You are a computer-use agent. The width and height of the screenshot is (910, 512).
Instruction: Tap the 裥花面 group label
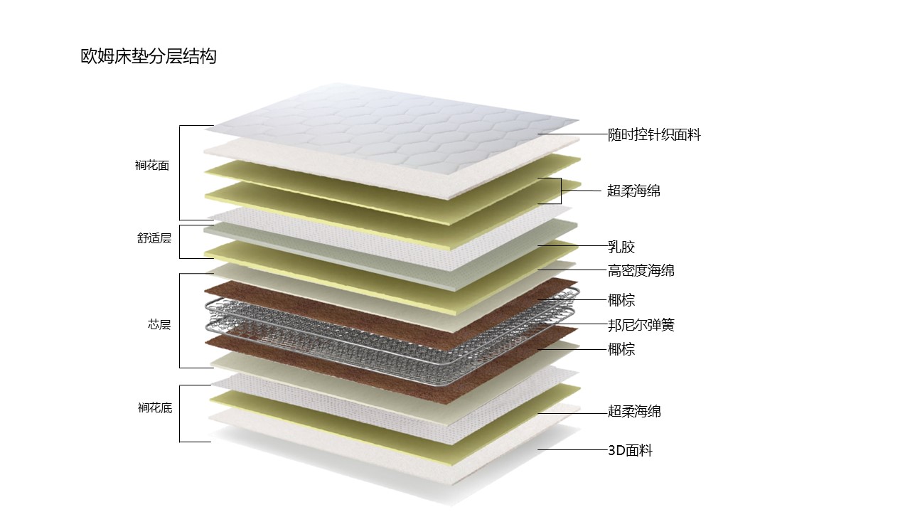pos(152,166)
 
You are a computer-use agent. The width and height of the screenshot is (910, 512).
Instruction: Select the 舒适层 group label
pos(154,238)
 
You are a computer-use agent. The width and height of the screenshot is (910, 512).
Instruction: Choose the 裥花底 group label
pos(155,408)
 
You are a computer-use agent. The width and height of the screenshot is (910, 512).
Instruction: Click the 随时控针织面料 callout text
pos(654,135)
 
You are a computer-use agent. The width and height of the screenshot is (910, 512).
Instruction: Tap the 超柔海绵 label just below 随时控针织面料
pos(633,191)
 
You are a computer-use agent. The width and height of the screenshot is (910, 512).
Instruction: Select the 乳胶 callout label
pos(621,247)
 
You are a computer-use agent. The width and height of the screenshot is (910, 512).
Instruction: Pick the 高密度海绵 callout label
pos(641,270)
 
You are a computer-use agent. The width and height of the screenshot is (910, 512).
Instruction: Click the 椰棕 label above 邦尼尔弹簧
pos(621,300)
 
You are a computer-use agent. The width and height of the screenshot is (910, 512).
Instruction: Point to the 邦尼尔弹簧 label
pos(641,326)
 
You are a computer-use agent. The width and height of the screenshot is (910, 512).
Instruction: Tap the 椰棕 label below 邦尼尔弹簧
pos(621,349)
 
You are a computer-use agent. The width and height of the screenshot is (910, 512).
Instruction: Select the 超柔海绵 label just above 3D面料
pos(634,412)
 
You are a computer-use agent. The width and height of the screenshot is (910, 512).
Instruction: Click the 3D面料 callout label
pos(630,450)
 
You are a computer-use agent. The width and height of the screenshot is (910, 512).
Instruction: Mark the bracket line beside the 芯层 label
pos(180,321)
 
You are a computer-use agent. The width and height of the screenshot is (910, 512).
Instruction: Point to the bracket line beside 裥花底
pos(180,413)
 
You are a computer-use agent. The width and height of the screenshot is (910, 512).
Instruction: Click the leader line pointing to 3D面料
pos(572,450)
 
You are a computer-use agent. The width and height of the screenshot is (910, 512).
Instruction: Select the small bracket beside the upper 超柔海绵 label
pos(561,191)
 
